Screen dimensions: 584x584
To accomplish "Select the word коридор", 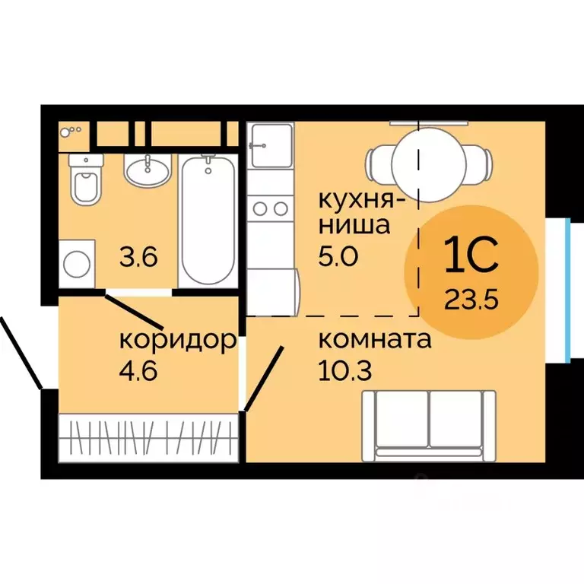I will [176, 340].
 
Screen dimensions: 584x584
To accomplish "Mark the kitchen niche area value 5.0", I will [338, 256].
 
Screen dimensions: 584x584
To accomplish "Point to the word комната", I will [376, 340].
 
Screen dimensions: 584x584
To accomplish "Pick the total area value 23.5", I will [471, 297].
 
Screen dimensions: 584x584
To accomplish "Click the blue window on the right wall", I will [568, 290].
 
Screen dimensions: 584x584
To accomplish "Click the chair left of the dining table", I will [378, 163].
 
